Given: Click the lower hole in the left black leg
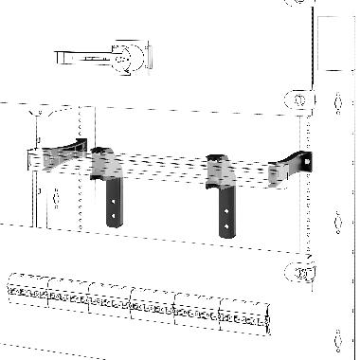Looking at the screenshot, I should (x=114, y=215).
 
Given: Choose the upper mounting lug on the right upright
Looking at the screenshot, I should (x=296, y=99).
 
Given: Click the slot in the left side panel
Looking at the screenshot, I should (x=58, y=199).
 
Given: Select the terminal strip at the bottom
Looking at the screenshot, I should (x=133, y=301).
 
